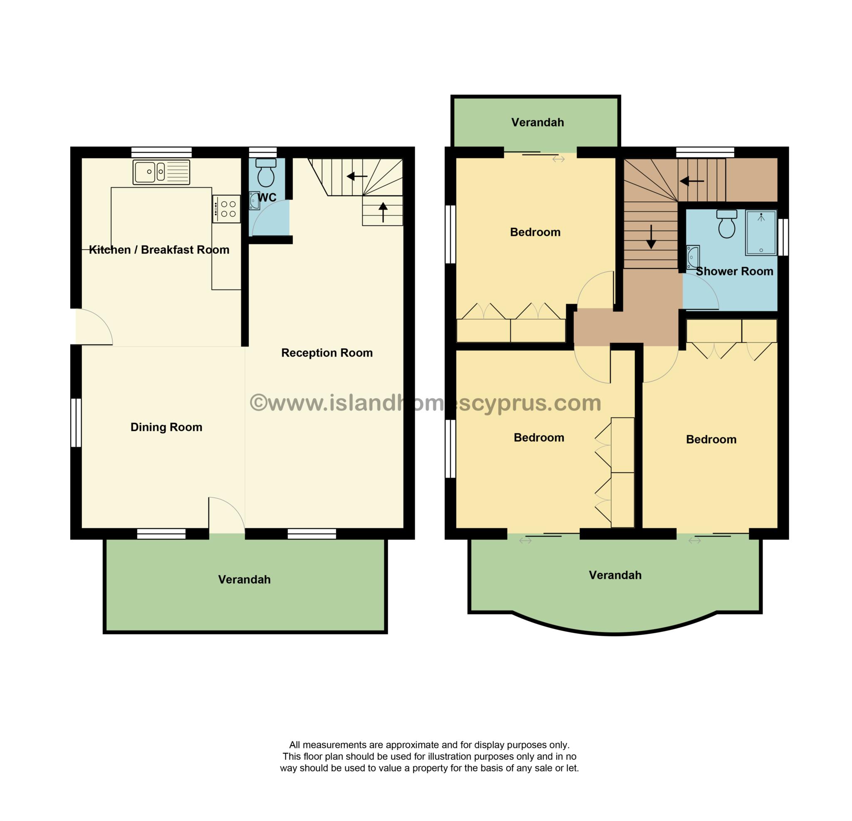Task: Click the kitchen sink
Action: click(161, 172)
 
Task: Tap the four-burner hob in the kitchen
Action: click(226, 209)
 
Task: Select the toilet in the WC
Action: click(265, 173)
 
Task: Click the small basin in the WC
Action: click(254, 201)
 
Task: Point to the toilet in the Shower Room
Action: click(727, 224)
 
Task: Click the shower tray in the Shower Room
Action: click(761, 233)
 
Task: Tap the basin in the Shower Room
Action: click(693, 257)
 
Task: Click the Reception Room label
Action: click(327, 353)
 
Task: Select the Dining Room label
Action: click(166, 427)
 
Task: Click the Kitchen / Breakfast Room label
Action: click(159, 250)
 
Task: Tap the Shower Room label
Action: click(735, 271)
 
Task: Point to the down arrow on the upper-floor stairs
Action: click(651, 237)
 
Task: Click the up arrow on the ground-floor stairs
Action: click(383, 212)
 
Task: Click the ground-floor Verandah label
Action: click(244, 580)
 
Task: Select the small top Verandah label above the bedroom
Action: click(538, 123)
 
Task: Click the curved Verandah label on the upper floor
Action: click(615, 575)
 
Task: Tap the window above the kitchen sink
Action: click(162, 152)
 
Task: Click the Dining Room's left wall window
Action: click(76, 423)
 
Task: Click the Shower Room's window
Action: click(783, 237)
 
